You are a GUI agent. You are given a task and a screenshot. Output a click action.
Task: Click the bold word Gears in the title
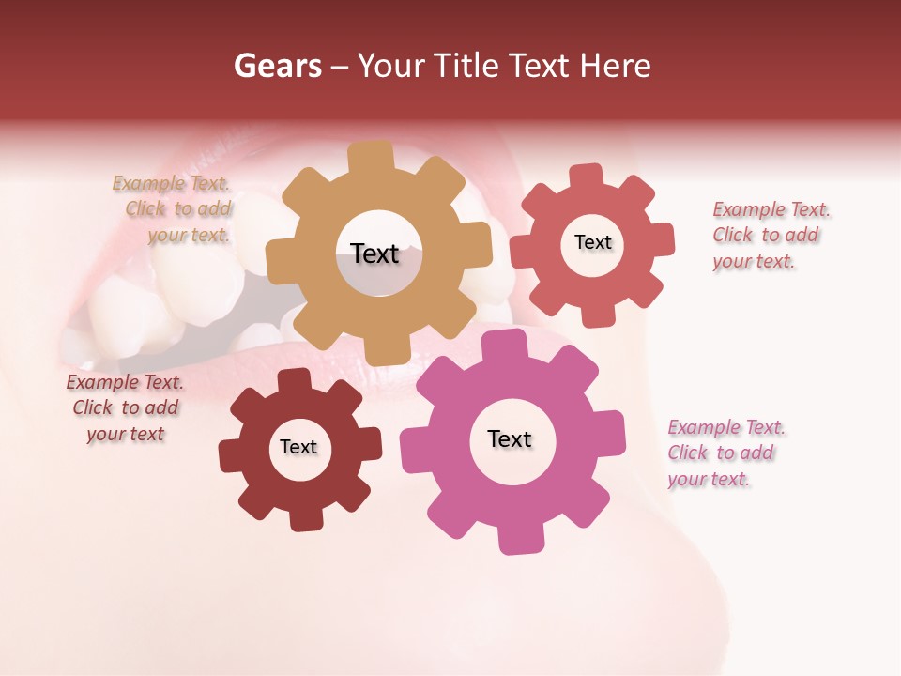[277, 66]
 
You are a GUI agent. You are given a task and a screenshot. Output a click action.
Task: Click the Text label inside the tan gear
[374, 253]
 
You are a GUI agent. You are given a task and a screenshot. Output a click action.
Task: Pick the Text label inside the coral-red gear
[592, 242]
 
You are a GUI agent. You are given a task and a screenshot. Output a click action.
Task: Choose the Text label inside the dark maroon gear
[298, 447]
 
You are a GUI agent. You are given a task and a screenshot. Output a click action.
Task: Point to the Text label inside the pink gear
[510, 438]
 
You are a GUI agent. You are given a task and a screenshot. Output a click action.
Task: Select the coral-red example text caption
[771, 235]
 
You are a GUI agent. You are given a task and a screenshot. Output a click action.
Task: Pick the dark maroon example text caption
[126, 408]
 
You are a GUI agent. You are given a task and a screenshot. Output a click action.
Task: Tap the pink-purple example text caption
[725, 453]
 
